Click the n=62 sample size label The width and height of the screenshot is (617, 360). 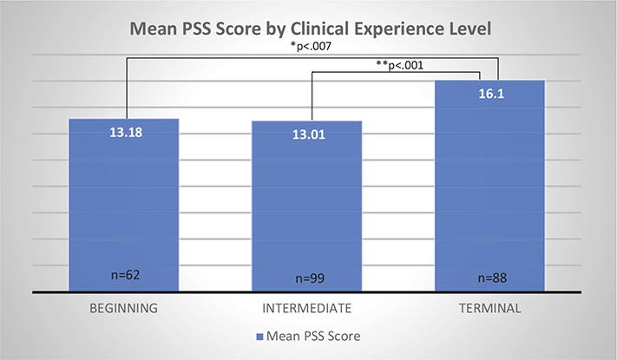123,276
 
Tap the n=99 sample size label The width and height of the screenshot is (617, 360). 307,278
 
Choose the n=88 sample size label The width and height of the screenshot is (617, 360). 490,278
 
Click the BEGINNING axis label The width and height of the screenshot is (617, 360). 124,307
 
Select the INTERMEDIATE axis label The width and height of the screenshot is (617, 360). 307,307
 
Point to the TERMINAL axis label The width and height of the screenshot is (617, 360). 490,307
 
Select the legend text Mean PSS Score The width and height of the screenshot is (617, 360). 315,334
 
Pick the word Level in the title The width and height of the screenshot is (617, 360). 469,29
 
